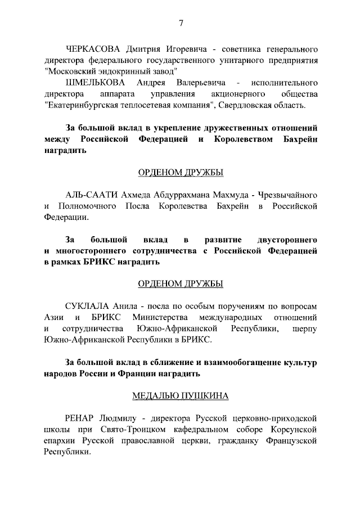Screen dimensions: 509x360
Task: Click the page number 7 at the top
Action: (x=181, y=23)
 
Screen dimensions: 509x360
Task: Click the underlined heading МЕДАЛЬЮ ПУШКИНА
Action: (x=181, y=396)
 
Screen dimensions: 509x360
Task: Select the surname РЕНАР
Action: (x=82, y=418)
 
